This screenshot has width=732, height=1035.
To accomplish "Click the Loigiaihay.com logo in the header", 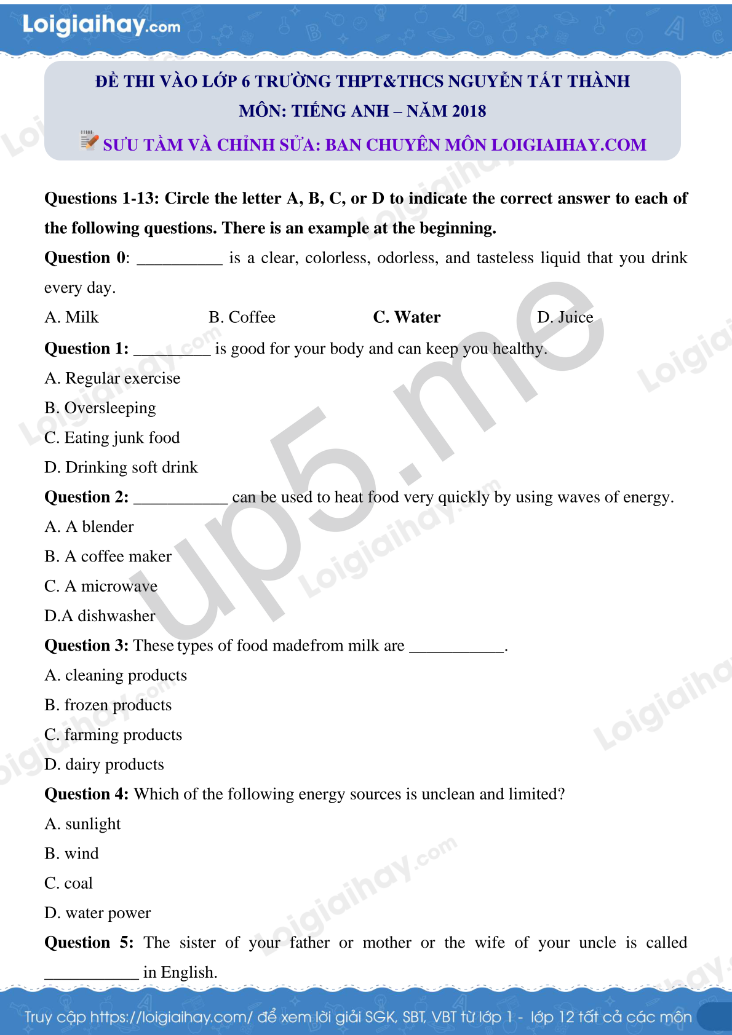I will (101, 25).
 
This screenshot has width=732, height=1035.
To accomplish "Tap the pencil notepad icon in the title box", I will (89, 140).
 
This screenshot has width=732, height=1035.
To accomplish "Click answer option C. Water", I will (407, 317).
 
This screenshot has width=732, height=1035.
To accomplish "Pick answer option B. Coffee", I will (242, 317).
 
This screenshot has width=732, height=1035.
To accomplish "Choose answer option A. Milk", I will (71, 317).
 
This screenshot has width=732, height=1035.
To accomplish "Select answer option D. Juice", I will (565, 317).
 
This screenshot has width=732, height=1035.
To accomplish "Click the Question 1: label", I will (87, 349).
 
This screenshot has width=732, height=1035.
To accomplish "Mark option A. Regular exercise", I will (113, 378).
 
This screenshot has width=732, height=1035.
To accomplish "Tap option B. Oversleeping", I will (100, 408).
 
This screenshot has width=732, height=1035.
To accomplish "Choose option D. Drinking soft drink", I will (121, 467).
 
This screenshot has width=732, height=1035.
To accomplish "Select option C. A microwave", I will (101, 586).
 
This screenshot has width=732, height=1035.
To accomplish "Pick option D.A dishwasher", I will (100, 616).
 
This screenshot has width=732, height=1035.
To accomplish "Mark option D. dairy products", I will (104, 764).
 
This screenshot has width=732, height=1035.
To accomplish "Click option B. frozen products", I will (108, 705).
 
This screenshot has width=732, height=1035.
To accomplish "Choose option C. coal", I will (68, 883).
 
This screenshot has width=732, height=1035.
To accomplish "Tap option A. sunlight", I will (82, 824).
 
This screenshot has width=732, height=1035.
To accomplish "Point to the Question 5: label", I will (89, 943).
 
